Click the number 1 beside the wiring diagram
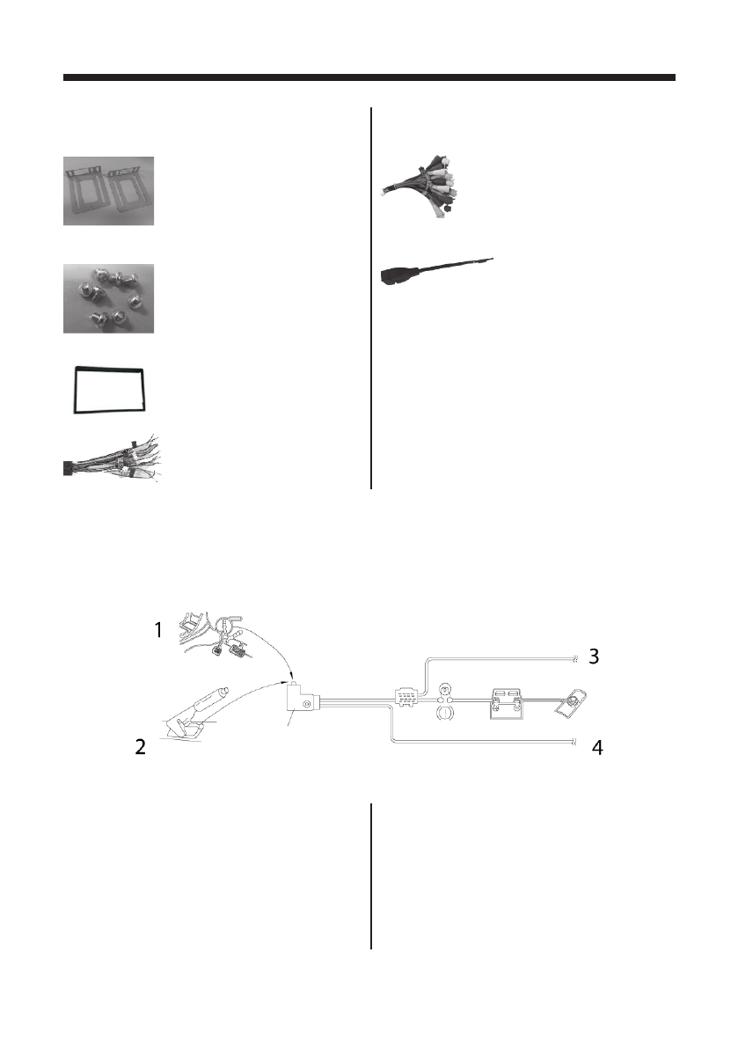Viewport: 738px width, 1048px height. point(158,630)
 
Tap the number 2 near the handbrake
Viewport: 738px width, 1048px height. point(139,749)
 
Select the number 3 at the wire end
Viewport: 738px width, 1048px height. point(595,656)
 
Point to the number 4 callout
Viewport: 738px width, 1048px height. point(596,749)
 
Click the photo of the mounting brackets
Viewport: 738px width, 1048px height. point(108,191)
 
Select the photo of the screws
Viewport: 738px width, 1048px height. point(108,298)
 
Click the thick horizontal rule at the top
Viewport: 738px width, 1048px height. point(369,77)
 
